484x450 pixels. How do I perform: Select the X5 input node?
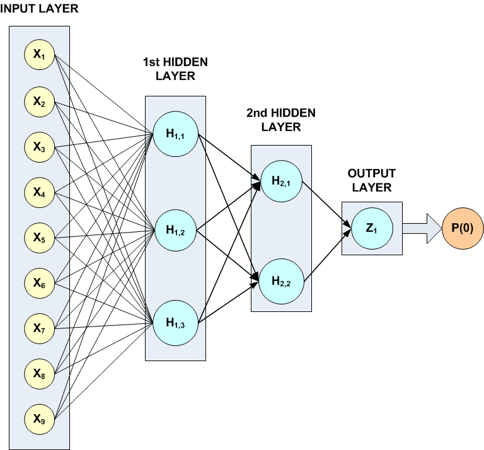pos(39,238)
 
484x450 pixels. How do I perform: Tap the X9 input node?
pos(39,418)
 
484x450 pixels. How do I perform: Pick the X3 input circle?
pos(39,147)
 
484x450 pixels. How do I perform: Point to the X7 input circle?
pos(39,328)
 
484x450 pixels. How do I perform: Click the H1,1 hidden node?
pos(175,135)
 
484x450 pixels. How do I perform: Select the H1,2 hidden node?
pos(175,229)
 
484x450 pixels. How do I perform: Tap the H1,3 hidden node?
pos(175,323)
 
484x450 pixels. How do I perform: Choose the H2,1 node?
pos(281,182)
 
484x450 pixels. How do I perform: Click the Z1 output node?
pos(372,227)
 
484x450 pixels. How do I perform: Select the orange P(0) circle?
pos(463,227)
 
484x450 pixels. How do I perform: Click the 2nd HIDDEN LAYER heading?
pos(281,120)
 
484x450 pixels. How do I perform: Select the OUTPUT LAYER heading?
pos(372,180)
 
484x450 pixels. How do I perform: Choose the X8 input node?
pos(39,373)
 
